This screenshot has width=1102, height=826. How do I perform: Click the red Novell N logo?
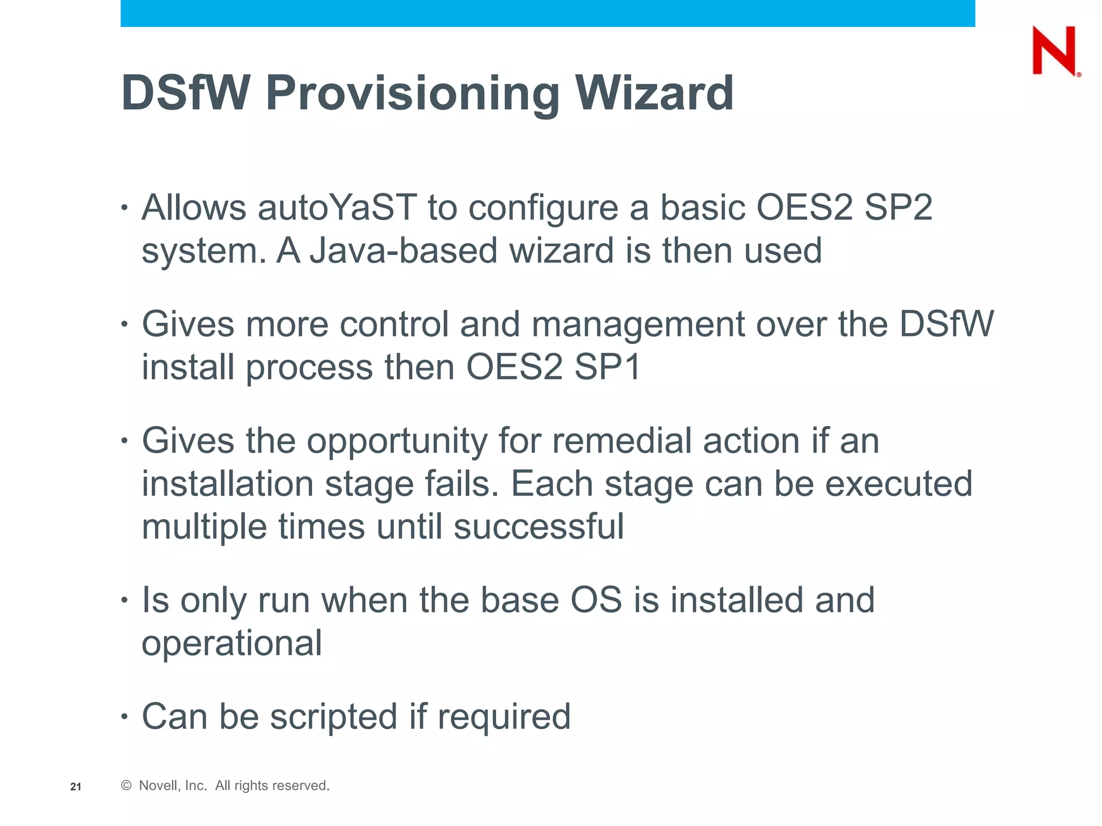click(1054, 51)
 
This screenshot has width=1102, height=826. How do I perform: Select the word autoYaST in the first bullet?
click(337, 208)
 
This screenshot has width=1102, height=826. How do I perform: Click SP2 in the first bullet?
click(898, 208)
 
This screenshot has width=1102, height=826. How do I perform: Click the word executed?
click(899, 484)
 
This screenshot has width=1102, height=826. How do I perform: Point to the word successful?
click(539, 526)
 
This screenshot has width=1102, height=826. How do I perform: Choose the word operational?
click(232, 644)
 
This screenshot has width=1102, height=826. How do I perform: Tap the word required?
click(504, 718)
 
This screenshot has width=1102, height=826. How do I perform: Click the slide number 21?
click(76, 787)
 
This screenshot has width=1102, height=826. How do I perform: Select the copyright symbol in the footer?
click(126, 786)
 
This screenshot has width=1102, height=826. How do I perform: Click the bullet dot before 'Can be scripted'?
click(124, 717)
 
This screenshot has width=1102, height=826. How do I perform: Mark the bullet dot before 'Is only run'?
click(124, 600)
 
